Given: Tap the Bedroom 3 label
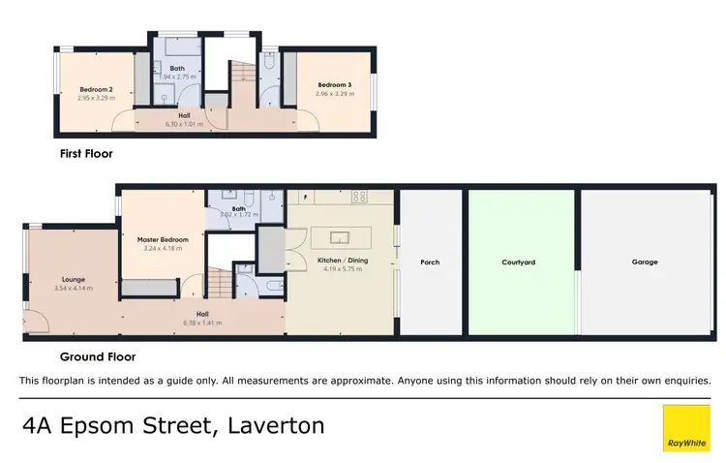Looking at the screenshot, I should click(x=335, y=85).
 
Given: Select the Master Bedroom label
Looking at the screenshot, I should click(x=161, y=240).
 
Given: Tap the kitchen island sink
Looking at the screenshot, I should click(x=339, y=236).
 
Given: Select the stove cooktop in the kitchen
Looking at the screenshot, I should click(x=358, y=197).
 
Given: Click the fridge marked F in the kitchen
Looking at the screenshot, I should click(x=306, y=198).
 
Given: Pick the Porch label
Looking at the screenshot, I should click(x=431, y=262).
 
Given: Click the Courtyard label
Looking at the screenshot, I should click(x=519, y=262).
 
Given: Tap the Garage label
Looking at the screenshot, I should click(x=645, y=262).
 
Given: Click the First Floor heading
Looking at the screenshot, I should click(x=86, y=153).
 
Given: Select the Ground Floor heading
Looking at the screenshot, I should click(x=97, y=356).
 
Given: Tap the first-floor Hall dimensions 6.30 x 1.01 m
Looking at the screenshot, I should click(x=181, y=124).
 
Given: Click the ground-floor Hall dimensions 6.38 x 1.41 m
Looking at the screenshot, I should click(x=202, y=323).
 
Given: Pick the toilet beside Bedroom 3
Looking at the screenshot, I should click(x=270, y=64).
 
